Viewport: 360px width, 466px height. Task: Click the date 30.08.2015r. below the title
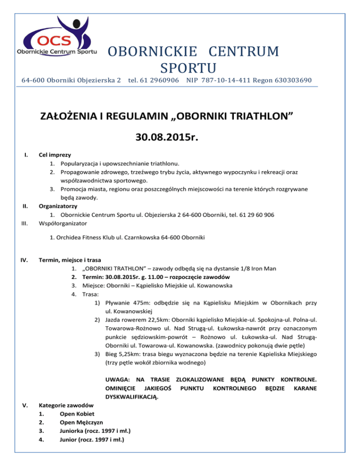180,137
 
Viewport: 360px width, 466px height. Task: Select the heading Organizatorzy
59,205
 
